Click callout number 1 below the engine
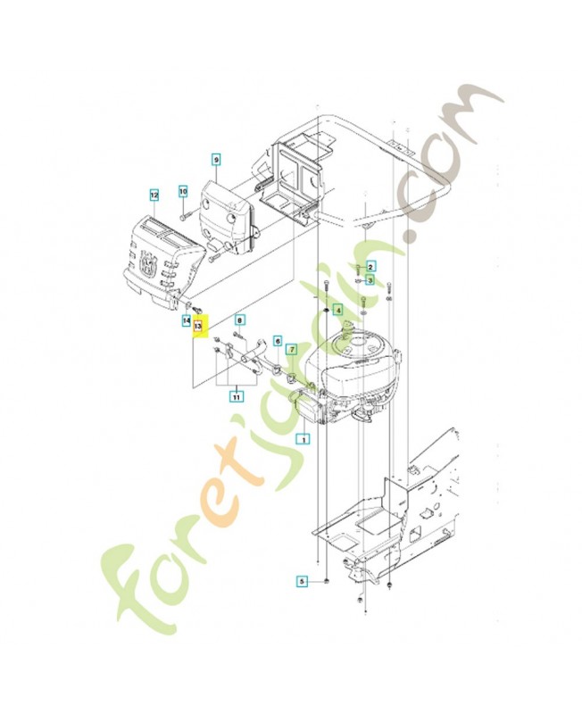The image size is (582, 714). coord(303,439)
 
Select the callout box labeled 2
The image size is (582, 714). coord(371,266)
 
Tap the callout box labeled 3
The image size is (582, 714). coord(371,279)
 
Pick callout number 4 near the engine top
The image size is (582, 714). coord(338,310)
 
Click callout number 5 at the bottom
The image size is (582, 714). coord(303,581)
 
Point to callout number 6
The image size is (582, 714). coord(278,340)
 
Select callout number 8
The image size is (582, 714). coord(239,320)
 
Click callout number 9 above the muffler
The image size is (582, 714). coord(215,159)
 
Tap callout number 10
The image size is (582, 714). coord(183,192)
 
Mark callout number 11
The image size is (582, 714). coord(237,396)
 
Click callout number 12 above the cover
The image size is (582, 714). coord(154,194)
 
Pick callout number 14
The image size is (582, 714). coord(187,320)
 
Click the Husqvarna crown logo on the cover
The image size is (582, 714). coord(147,263)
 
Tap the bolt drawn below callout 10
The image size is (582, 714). coord(183,214)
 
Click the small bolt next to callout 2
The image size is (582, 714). coord(358,267)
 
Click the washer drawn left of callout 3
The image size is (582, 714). coord(358,280)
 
